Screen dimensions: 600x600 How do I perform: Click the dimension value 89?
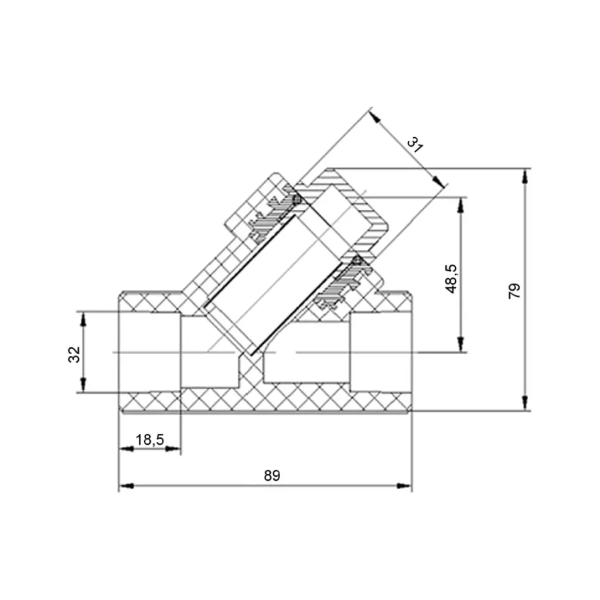pyautogui.click(x=272, y=475)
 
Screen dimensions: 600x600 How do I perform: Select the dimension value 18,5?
pyautogui.click(x=149, y=440)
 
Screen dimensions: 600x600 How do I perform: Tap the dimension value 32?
pyautogui.click(x=74, y=355)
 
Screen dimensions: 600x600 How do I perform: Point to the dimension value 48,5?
pyautogui.click(x=451, y=279)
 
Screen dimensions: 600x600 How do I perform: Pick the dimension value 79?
pyautogui.click(x=514, y=291)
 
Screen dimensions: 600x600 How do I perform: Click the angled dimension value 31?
pyautogui.click(x=415, y=145)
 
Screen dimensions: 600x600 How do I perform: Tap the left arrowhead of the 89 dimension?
pyautogui.click(x=126, y=486)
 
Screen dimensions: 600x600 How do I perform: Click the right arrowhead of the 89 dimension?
pyautogui.click(x=404, y=486)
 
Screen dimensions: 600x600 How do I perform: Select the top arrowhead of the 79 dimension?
pyautogui.click(x=525, y=177)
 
